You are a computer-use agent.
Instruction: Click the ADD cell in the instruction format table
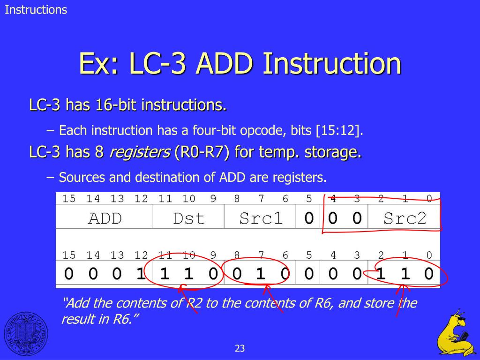coord(105,218)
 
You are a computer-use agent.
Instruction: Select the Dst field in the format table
coord(188,218)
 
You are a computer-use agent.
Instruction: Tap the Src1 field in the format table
coord(261,218)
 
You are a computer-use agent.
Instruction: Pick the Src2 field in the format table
coord(405,218)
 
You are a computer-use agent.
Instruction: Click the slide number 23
coord(240,348)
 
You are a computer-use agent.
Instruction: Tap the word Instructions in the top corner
coord(36,9)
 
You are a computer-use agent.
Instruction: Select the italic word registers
coord(139,152)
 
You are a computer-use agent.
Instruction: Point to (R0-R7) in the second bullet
coord(202,152)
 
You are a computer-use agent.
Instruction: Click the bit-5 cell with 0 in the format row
coord(308,218)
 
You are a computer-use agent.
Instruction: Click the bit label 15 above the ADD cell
coord(68,199)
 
